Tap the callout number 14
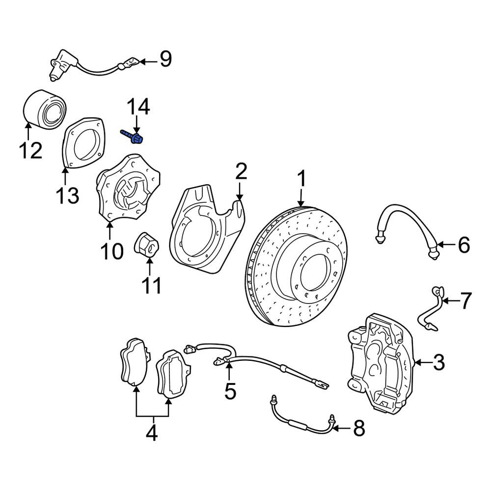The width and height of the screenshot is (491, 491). (x=138, y=107)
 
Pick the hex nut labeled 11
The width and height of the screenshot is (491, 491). (x=147, y=245)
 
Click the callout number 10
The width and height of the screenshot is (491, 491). (x=112, y=251)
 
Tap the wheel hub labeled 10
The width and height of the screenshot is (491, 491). (x=128, y=188)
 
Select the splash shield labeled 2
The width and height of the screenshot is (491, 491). (x=206, y=229)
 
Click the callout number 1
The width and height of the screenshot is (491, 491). (x=301, y=179)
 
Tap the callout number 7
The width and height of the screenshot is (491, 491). (x=465, y=300)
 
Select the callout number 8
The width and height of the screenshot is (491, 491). (x=359, y=428)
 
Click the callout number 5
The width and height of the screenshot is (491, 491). (x=230, y=391)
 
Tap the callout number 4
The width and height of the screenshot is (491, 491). (x=152, y=433)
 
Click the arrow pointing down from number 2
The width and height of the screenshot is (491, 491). (x=240, y=191)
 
